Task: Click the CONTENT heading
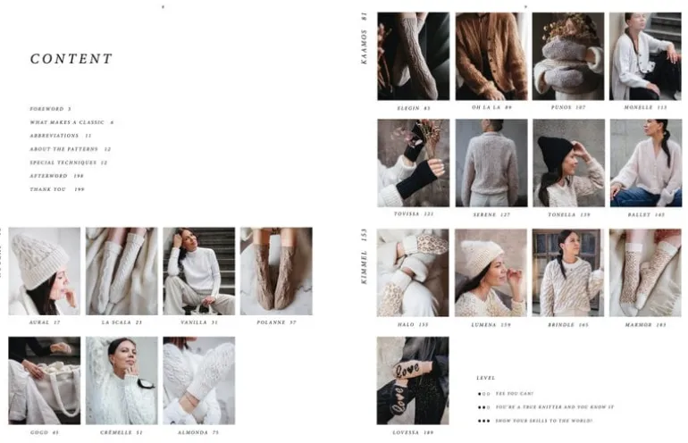71,59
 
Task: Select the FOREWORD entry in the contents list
50,109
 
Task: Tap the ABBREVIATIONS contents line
60,136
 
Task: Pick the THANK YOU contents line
56,189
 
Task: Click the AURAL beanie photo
44,271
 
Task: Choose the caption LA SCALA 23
122,322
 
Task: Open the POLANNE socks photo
275,271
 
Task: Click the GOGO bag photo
44,380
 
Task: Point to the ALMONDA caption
198,432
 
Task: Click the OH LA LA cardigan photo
491,55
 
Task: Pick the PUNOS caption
568,108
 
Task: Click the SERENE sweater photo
491,163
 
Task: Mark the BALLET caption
645,214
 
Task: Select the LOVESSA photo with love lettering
413,380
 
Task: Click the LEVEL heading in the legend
486,378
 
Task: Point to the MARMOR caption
645,325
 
